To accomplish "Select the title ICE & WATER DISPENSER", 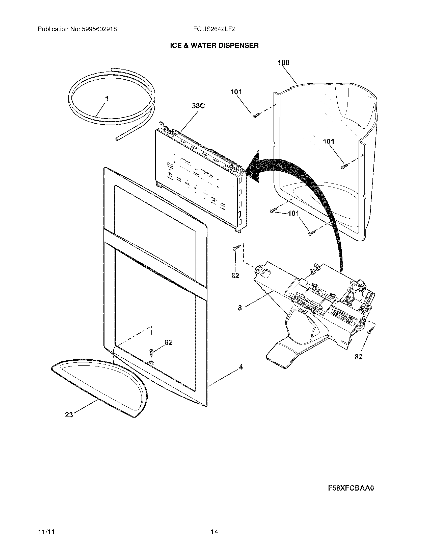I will click(x=214, y=45).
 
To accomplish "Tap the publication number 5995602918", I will click(x=99, y=29).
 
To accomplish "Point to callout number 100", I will click(x=283, y=63).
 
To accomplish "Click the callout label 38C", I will click(x=198, y=106).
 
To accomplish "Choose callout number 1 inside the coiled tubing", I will click(x=107, y=99).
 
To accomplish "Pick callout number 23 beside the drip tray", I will click(x=69, y=415).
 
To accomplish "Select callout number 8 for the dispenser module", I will click(x=240, y=308).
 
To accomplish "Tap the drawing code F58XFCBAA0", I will click(x=351, y=488).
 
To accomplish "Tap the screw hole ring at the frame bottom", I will click(x=151, y=363).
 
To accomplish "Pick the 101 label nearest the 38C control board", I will click(x=236, y=92).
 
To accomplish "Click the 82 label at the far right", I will click(x=359, y=357).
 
